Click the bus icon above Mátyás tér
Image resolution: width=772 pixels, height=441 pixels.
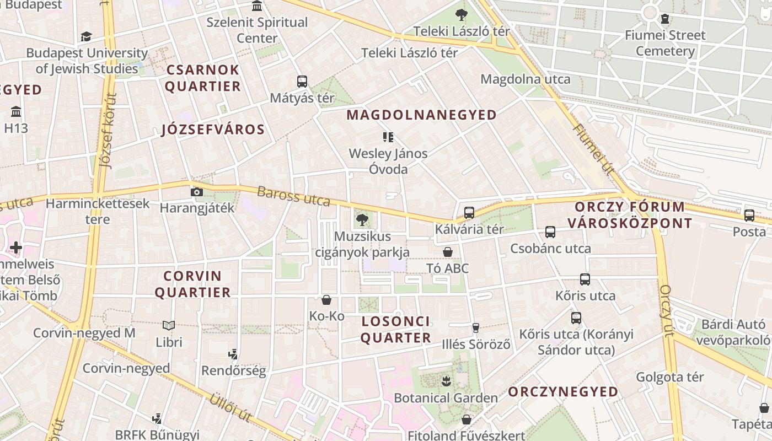pos(302,82)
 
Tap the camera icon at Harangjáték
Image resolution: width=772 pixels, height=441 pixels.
pos(196,192)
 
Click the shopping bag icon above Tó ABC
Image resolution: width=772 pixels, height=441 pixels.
pos(448,252)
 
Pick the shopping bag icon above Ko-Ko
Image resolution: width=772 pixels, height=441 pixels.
pos(326,300)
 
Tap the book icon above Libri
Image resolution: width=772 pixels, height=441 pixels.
pos(169,326)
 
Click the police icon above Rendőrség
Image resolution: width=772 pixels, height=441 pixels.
pos(234,354)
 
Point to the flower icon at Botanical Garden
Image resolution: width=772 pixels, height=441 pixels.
pos(446,380)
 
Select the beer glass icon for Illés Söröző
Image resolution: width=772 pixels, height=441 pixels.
pos(476,328)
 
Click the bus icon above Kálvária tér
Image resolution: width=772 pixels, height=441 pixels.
pos(469,212)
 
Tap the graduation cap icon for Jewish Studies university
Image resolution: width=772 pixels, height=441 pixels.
pos(86,37)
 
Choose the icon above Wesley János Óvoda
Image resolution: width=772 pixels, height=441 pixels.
pos(388,137)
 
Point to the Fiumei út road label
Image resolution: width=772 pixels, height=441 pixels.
pos(593,149)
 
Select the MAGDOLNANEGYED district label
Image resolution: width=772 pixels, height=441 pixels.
pos(422,115)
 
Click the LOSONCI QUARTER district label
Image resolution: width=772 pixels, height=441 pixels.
pos(396,330)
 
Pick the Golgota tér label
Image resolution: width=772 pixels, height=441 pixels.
pos(670,378)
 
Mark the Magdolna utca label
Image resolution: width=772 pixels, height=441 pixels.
pos(526,79)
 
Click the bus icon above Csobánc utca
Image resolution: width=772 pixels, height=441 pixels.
pos(550,232)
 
